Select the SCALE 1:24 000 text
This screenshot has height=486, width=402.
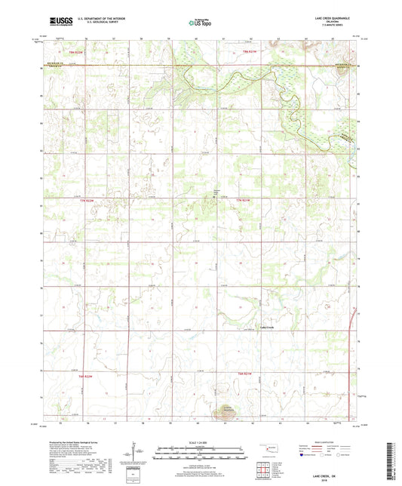[201, 442]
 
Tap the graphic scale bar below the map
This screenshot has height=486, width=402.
[201, 455]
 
